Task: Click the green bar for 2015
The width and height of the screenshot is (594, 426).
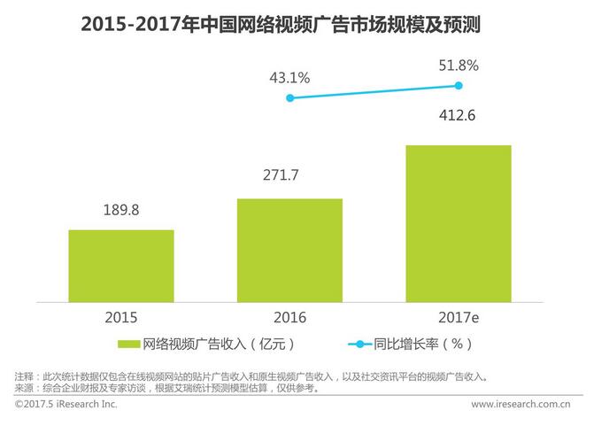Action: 120,266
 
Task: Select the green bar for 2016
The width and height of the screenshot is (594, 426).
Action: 289,250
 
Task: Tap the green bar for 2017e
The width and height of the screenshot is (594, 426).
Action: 458,223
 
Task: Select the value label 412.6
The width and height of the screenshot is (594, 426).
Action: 458,115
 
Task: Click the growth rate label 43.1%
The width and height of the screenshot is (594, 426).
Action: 289,78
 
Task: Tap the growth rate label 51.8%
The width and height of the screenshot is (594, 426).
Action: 458,65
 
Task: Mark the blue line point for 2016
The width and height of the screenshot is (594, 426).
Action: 289,98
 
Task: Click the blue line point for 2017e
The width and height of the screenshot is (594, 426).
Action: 459,85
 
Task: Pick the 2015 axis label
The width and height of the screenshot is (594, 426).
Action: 120,317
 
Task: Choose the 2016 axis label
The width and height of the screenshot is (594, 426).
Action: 289,317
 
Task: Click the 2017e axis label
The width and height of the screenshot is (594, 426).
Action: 458,317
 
